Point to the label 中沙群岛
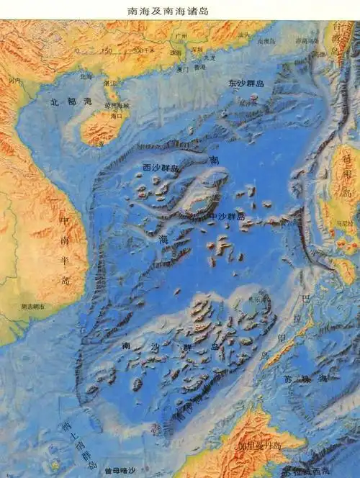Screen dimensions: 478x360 coord(227,216)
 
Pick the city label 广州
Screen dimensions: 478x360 coord(181,34)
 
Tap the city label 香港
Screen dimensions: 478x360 coord(199,68)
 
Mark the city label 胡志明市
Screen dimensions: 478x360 coord(32,307)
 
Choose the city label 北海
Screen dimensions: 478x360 coord(86,76)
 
